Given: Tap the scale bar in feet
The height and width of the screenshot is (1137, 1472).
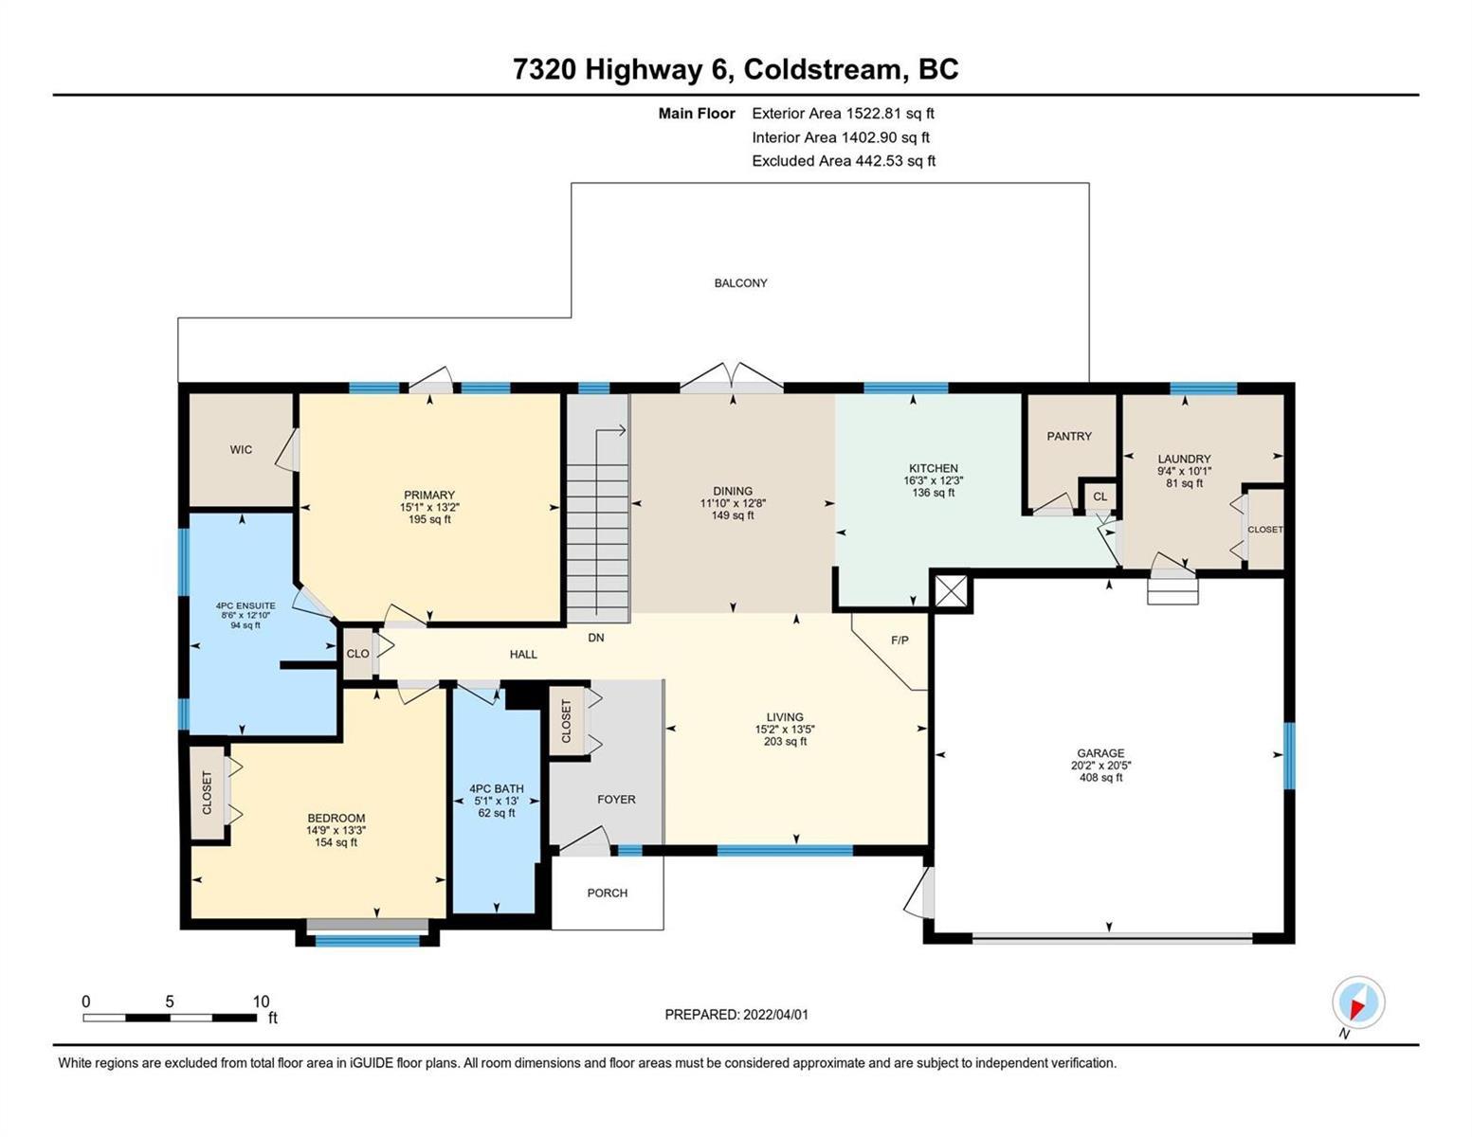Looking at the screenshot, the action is pos(170,1017).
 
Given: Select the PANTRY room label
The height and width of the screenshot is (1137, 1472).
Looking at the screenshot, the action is pos(1068,436).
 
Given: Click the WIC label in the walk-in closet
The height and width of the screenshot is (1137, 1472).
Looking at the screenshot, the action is pos(241,450).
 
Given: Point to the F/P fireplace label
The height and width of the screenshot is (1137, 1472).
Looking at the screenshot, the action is pos(900,640).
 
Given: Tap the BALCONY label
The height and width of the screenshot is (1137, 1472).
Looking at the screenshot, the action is pos(740,283).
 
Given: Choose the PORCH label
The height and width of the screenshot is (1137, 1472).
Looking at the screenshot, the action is pos(607,893).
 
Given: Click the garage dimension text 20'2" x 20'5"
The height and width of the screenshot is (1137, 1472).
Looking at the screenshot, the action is pos(1100,766).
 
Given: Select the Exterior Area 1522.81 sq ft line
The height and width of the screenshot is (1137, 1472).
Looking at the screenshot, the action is pos(843,114).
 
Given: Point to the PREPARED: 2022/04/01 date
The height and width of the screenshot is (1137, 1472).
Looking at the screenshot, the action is pos(736,1015).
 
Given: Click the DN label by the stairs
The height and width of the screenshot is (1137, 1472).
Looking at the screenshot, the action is pos(595,638).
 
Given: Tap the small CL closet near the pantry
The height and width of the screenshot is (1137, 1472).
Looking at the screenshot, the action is pos(1100,496).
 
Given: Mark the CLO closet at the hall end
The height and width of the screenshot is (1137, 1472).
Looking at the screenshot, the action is pos(357,654).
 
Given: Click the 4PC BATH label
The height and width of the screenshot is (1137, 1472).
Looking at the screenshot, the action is pos(497,789).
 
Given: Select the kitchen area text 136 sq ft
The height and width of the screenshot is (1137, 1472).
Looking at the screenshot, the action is pos(934,493).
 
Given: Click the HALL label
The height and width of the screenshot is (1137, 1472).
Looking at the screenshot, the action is pos(523,654).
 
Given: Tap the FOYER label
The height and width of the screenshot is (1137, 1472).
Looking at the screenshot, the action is pos(616,800).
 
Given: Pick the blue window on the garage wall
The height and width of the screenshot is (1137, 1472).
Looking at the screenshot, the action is pos(1289,756).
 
